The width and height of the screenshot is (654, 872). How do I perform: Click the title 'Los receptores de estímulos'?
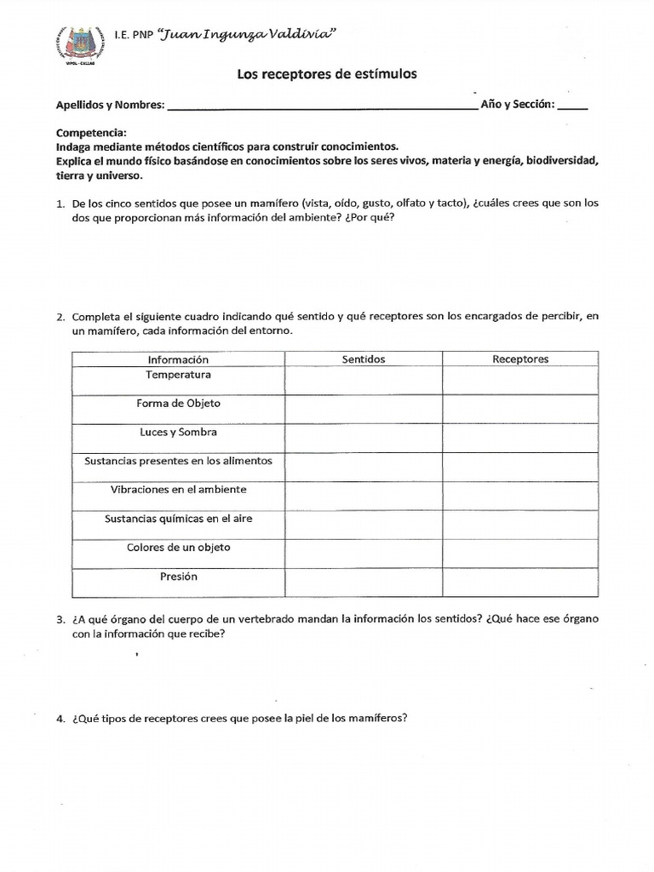tap(326, 75)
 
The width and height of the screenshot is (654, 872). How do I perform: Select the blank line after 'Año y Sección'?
tap(573, 107)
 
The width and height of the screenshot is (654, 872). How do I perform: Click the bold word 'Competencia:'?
tap(91, 133)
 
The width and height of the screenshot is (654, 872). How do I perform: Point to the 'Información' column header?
tap(178, 359)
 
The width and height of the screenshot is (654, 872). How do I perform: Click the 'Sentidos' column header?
tap(364, 359)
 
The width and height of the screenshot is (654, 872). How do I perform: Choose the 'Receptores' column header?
tap(520, 359)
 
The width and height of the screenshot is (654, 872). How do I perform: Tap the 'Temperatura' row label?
tap(178, 375)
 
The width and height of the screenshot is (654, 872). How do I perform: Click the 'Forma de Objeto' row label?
tap(178, 404)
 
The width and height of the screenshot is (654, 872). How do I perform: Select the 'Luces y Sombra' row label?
tap(178, 433)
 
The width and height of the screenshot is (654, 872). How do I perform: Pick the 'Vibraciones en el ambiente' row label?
tap(178, 490)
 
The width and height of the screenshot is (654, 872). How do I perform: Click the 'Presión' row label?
tap(178, 577)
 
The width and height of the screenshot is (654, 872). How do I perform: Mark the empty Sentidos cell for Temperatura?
tap(364, 381)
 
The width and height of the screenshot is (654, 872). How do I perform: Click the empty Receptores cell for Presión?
tap(520, 582)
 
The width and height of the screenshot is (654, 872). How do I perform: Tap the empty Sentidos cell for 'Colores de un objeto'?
tap(364, 554)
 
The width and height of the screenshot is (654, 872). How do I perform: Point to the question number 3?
tap(60, 619)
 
